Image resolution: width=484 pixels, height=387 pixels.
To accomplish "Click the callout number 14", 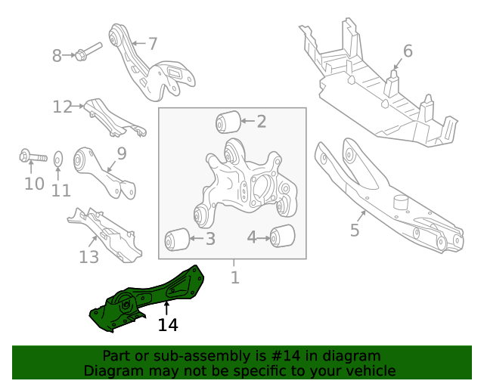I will point(168,325).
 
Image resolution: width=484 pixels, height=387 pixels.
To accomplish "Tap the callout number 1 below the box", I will point(234,277).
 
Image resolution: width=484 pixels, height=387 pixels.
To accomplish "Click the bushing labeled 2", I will point(228,121).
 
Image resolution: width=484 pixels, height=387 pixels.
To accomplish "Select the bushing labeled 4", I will point(283,237).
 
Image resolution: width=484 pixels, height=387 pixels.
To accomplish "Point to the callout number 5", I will point(355,230).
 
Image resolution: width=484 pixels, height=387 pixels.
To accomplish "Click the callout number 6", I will point(408,51).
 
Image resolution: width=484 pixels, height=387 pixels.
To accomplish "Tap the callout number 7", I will point(152,43).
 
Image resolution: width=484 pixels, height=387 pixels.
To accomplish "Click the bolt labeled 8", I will point(87,54).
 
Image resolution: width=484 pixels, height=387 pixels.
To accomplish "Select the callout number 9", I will point(121,154).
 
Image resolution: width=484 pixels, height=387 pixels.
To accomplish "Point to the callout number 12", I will point(62,107).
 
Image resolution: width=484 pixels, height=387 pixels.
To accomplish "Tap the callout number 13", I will point(88,257).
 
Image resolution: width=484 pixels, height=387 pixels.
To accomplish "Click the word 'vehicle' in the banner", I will point(371,370).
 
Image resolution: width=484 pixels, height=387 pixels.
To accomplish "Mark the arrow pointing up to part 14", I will point(167,307).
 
